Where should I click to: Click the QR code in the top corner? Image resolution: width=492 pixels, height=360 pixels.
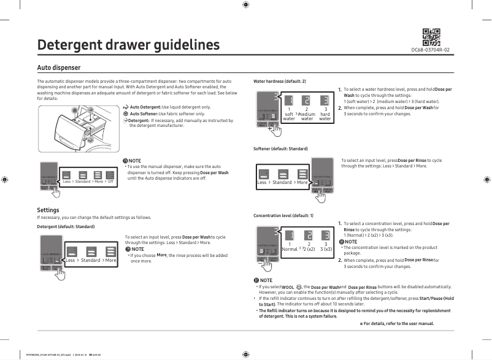[x=431, y=37]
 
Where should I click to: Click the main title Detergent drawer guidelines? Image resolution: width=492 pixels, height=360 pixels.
[x=128, y=45]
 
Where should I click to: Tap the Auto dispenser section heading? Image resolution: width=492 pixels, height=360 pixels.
[x=59, y=67]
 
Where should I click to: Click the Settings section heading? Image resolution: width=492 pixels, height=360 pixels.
[x=48, y=210]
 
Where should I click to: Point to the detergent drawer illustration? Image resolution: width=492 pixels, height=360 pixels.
[x=79, y=127]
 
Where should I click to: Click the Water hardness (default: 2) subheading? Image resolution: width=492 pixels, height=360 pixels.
[x=279, y=82]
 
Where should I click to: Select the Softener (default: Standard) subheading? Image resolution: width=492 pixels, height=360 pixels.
[x=280, y=149]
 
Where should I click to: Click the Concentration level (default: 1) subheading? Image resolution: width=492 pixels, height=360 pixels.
[x=283, y=216]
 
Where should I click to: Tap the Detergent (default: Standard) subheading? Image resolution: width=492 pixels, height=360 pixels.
[x=66, y=226]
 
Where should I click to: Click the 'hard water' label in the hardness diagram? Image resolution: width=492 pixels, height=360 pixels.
[x=325, y=116]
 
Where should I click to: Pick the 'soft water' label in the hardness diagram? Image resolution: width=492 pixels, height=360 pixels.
[x=289, y=116]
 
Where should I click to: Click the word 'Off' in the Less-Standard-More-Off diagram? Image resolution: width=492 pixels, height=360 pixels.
[x=110, y=182]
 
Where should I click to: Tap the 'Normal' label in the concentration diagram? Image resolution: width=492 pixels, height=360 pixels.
[x=290, y=250]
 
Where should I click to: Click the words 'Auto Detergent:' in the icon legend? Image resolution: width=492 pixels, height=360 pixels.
[x=145, y=107]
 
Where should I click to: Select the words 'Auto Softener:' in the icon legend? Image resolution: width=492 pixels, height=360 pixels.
[x=144, y=114]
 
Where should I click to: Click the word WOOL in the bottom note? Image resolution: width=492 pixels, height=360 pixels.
[x=288, y=287]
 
